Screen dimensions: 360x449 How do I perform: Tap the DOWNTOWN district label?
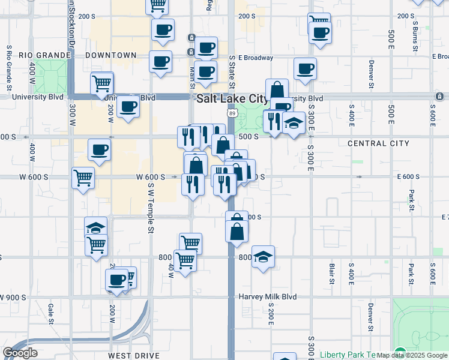tap(110, 55)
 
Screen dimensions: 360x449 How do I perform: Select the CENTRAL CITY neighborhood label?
tap(378, 143)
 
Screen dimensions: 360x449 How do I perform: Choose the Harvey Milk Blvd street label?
tap(268, 297)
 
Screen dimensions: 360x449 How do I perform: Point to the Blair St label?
tap(331, 272)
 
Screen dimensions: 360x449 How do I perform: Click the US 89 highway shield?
tap(231, 113)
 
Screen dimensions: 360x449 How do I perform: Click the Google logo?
tap(20, 353)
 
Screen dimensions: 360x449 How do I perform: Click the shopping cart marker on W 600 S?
tap(83, 176)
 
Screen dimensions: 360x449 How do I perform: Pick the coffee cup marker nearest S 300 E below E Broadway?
tap(305, 68)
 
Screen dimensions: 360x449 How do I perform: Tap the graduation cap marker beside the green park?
tap(294, 124)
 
